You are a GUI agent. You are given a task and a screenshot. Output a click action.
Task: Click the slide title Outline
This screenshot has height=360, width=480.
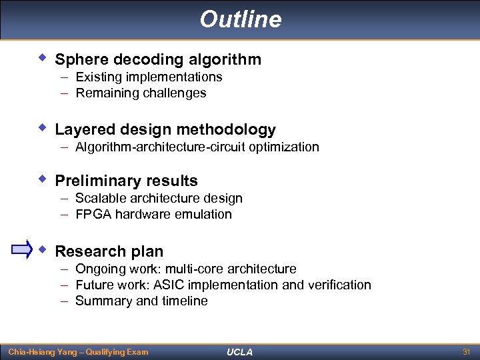240,19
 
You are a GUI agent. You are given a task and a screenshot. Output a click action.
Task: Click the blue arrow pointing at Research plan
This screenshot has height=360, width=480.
22,251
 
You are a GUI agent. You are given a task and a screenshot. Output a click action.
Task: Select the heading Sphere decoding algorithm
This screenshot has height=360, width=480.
158,59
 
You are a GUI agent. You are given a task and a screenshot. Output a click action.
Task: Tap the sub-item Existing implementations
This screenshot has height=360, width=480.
149,77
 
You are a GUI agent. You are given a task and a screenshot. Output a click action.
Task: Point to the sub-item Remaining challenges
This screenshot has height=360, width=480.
141,93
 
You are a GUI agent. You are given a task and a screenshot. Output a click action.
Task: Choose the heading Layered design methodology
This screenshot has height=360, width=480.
165,129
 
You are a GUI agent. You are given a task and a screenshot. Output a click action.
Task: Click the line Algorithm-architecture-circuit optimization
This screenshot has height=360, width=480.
197,147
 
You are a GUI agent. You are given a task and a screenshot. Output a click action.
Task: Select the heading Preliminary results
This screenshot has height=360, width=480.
126,181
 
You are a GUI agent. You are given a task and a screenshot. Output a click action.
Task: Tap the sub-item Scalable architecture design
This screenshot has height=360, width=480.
159,198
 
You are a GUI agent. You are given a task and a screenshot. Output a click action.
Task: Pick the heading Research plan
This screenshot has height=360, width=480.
109,251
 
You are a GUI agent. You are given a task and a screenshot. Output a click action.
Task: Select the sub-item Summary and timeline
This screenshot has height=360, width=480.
141,301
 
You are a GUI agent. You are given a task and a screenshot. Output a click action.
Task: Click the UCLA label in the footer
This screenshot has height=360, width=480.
240,352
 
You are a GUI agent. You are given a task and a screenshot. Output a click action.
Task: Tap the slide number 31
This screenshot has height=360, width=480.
466,351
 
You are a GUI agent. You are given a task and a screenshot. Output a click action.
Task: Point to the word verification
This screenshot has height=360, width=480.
340,285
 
